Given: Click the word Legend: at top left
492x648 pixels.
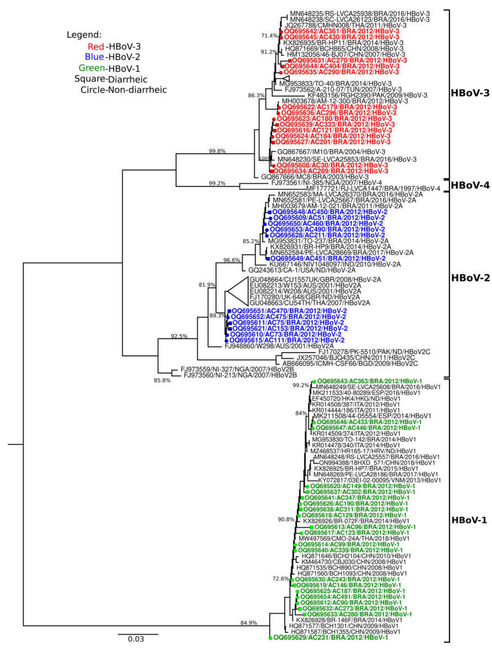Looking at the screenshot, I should (x=84, y=35).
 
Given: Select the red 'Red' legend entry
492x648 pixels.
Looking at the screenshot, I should (x=96, y=46).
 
